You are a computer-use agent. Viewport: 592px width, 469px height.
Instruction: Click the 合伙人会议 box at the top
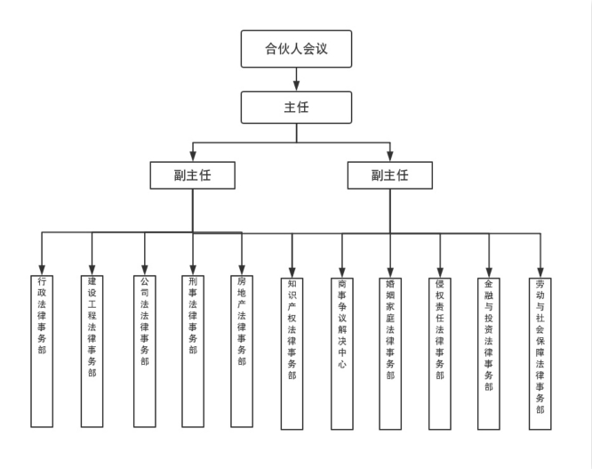click(296, 49)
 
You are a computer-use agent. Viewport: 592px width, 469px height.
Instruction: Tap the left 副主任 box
click(192, 175)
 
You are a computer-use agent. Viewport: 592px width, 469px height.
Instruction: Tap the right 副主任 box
click(389, 175)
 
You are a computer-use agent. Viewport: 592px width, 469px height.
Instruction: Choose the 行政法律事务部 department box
click(42, 348)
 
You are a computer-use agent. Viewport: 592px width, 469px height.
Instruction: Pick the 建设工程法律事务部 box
click(92, 348)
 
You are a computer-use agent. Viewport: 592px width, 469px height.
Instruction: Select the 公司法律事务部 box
click(145, 348)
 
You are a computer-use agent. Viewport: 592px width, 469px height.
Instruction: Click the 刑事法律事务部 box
click(193, 348)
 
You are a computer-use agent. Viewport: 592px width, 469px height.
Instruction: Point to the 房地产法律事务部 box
click(242, 348)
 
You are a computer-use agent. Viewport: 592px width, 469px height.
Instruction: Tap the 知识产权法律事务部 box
click(292, 352)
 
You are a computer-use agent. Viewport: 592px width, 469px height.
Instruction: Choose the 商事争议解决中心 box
click(342, 352)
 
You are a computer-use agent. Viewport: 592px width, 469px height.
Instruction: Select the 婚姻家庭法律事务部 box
click(390, 352)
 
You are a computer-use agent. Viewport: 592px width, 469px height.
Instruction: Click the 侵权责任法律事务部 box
click(439, 352)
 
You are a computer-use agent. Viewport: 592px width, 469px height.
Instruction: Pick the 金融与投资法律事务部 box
click(488, 352)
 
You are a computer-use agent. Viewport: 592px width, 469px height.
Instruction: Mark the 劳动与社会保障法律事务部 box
click(540, 352)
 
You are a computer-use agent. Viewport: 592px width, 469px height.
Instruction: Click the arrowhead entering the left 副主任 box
click(192, 157)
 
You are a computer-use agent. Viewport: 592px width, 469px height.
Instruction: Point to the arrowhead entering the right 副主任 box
click(389, 157)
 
